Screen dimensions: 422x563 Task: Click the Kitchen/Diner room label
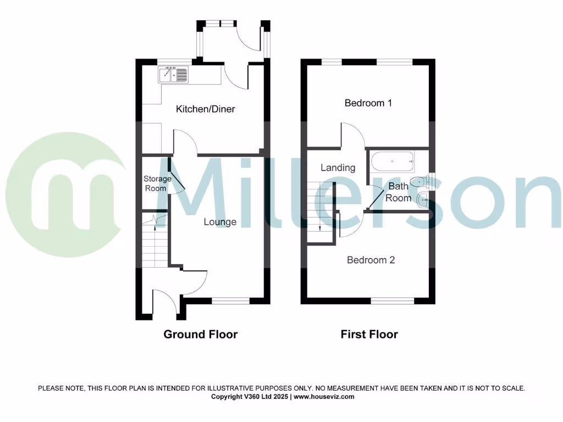205,109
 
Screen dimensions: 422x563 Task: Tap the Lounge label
220,222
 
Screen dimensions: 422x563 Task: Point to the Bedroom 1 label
368,103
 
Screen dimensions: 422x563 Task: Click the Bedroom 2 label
371,260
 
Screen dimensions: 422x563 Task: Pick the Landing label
338,168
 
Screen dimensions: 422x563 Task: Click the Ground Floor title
200,334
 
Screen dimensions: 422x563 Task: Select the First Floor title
369,334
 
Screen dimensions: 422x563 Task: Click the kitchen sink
173,74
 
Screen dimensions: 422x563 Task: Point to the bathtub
393,162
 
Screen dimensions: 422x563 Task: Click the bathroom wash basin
423,200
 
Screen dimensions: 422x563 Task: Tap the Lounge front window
231,301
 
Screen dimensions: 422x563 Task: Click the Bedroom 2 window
393,301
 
